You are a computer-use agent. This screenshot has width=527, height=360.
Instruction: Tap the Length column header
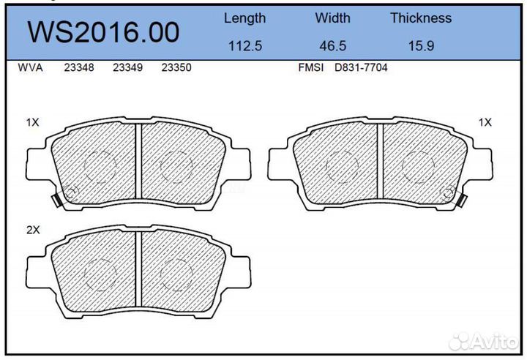click(x=244, y=18)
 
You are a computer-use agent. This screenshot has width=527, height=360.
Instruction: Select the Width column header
click(x=332, y=18)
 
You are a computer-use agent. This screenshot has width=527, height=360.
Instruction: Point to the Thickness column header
click(x=420, y=18)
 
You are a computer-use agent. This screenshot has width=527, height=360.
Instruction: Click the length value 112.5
click(x=244, y=45)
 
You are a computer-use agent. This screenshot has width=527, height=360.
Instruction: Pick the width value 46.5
click(x=332, y=45)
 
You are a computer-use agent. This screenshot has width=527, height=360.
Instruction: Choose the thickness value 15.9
click(x=420, y=45)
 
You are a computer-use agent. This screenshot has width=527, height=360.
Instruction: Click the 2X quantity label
click(x=32, y=230)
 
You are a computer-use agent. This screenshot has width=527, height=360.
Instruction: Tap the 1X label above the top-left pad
click(x=32, y=123)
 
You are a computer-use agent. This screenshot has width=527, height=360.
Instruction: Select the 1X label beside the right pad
click(x=485, y=123)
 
